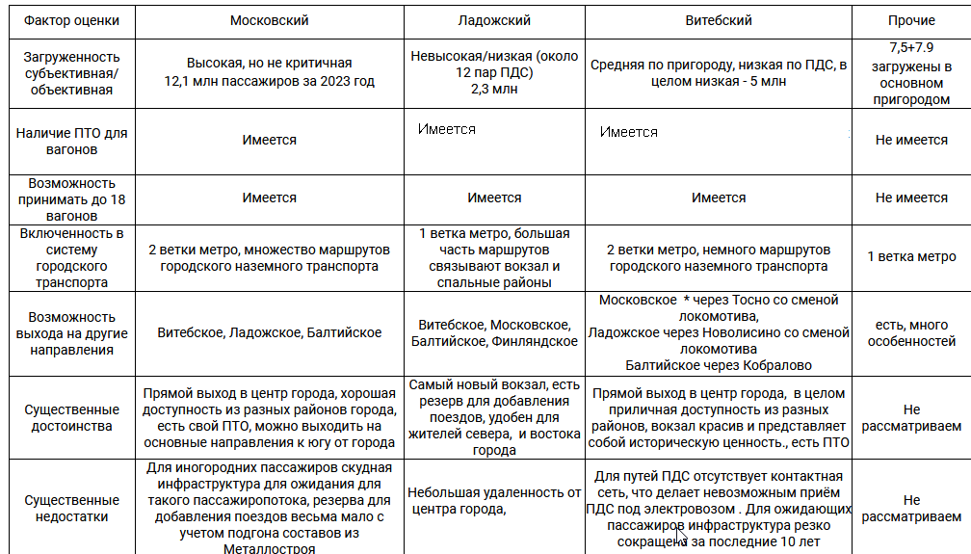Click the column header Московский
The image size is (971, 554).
(269, 20)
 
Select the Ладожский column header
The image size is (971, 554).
(494, 20)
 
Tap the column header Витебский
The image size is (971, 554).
(718, 20)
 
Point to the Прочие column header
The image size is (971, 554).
(910, 20)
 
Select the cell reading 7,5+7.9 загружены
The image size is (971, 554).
(910, 73)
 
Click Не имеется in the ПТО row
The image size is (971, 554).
(910, 141)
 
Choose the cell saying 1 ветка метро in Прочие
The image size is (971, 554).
(910, 257)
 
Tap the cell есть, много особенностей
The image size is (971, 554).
(910, 333)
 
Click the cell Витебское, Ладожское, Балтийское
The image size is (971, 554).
(269, 333)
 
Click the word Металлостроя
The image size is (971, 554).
(269, 548)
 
